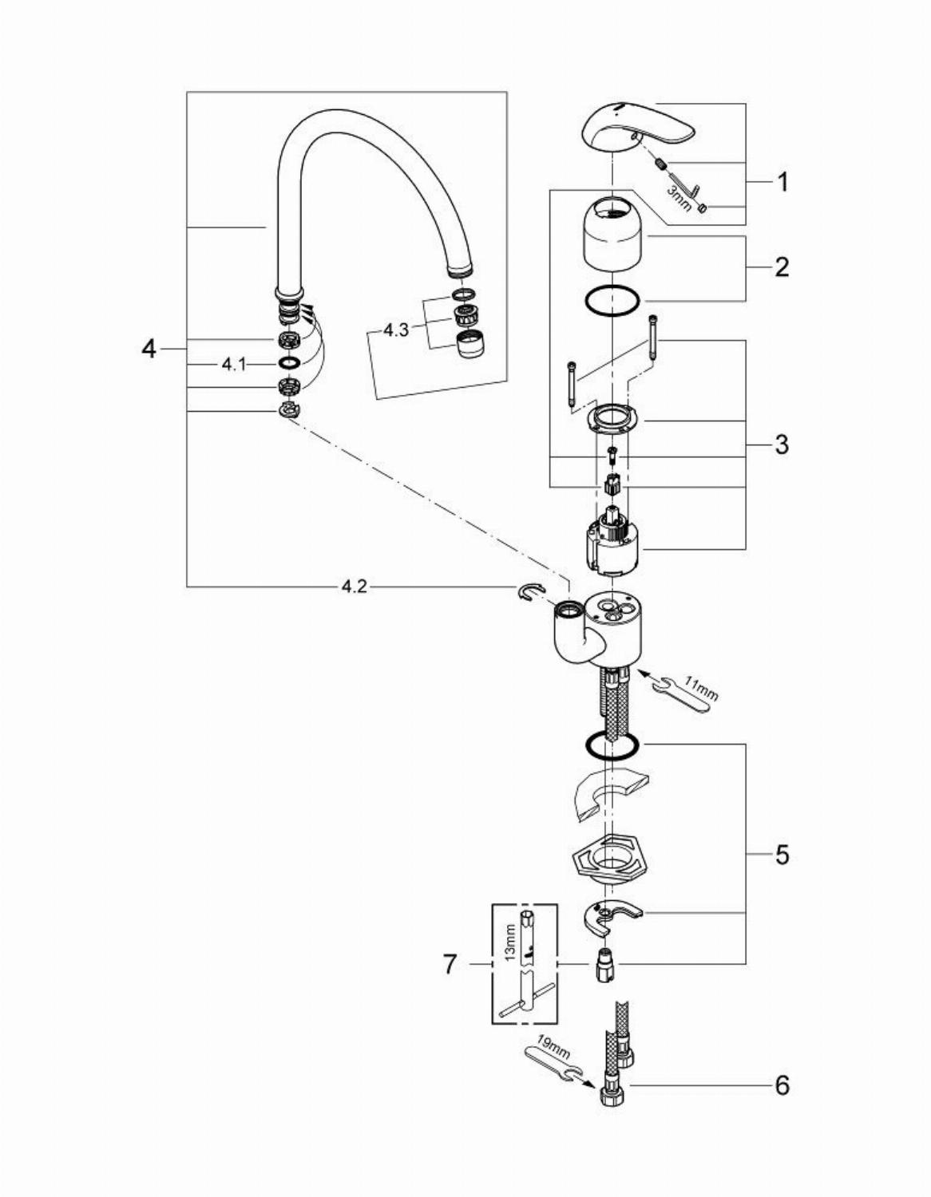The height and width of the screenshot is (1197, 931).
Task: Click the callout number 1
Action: pyautogui.click(x=782, y=182)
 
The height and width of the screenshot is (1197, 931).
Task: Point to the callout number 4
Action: pyautogui.click(x=149, y=349)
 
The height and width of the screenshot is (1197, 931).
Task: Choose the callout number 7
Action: pyautogui.click(x=450, y=965)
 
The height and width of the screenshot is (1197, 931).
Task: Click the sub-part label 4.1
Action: pyautogui.click(x=234, y=364)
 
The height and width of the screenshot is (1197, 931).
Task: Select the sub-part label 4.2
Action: pyautogui.click(x=354, y=587)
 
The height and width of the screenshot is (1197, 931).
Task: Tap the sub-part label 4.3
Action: pyautogui.click(x=396, y=329)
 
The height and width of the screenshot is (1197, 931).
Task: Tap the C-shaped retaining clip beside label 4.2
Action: pyautogui.click(x=528, y=591)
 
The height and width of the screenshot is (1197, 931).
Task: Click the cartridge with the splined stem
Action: pyautogui.click(x=611, y=543)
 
